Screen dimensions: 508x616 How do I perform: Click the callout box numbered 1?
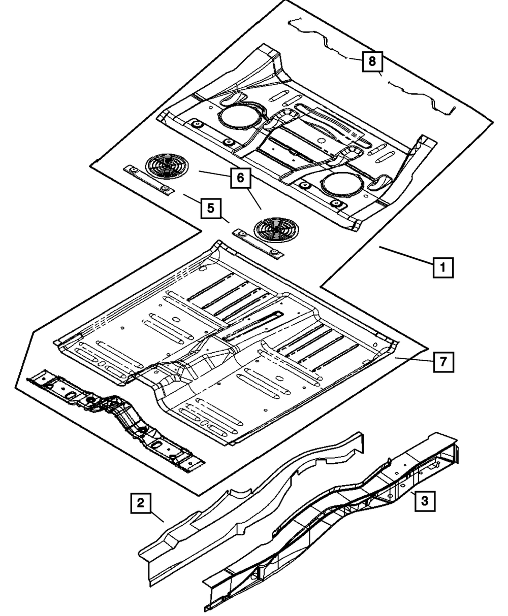443,267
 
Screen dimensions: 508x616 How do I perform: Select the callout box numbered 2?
141,503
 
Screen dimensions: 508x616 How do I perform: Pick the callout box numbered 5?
211,209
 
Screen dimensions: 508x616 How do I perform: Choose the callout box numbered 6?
241,178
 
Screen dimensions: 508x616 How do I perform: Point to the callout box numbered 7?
443,362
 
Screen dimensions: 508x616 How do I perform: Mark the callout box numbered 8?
372,61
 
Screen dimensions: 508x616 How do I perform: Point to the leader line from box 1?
406,254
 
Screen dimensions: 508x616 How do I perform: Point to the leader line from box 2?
157,517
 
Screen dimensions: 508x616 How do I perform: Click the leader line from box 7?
415,359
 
